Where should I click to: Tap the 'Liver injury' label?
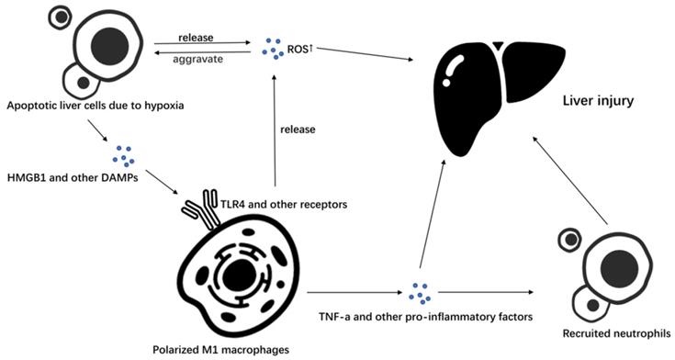(x=600, y=99)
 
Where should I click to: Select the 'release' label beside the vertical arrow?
(x=299, y=129)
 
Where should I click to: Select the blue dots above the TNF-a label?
(x=421, y=292)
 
